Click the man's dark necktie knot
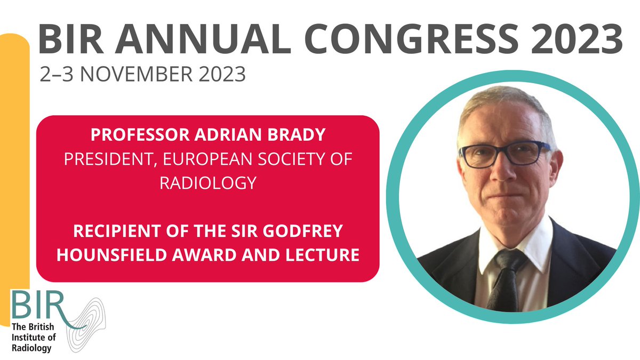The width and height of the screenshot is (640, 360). (x=507, y=260)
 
